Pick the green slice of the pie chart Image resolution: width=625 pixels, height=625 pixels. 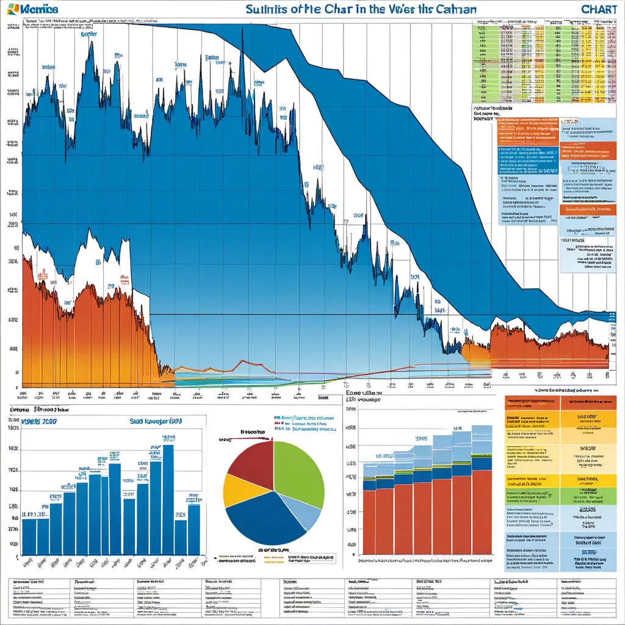pos(299,470)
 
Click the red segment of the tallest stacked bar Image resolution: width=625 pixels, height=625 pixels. pos(481,513)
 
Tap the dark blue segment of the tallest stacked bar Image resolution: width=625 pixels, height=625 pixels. pos(481,463)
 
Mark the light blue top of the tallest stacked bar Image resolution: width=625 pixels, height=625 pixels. pos(481,439)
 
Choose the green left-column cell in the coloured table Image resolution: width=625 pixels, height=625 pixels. pos(532,496)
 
